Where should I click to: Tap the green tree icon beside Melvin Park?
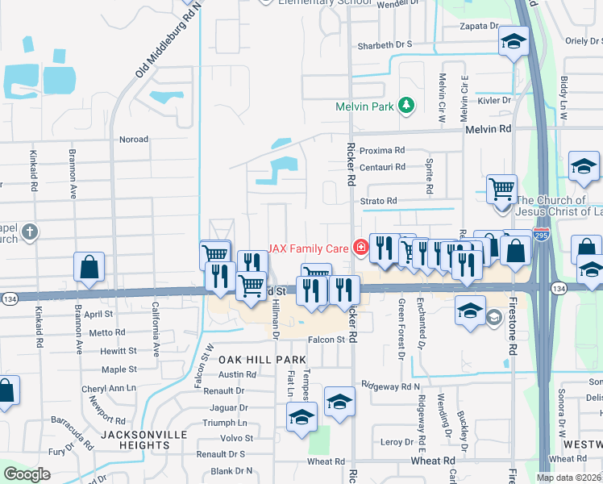(x=407, y=106)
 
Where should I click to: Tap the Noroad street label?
(x=134, y=140)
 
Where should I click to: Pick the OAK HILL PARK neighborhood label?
(x=262, y=360)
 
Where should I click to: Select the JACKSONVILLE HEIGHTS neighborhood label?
(x=143, y=435)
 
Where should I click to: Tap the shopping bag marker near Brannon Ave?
(x=89, y=267)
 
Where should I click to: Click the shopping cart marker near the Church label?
(x=502, y=190)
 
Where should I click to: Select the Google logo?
(x=27, y=474)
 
